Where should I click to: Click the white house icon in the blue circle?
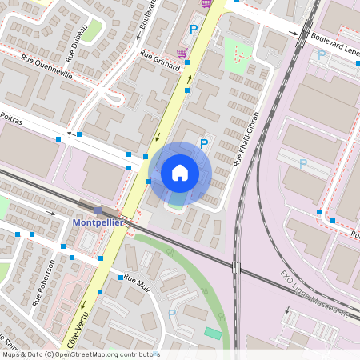pyautogui.click(x=180, y=173)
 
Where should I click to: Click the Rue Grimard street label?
pyautogui.click(x=159, y=62)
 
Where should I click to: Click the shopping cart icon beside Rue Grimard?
pyautogui.click(x=182, y=52)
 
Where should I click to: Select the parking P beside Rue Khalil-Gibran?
pyautogui.click(x=204, y=143)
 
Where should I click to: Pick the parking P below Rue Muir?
pyautogui.click(x=172, y=314)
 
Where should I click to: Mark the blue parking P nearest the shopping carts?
pyautogui.click(x=193, y=30)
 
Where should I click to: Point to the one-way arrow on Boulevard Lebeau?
pyautogui.click(x=294, y=34)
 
